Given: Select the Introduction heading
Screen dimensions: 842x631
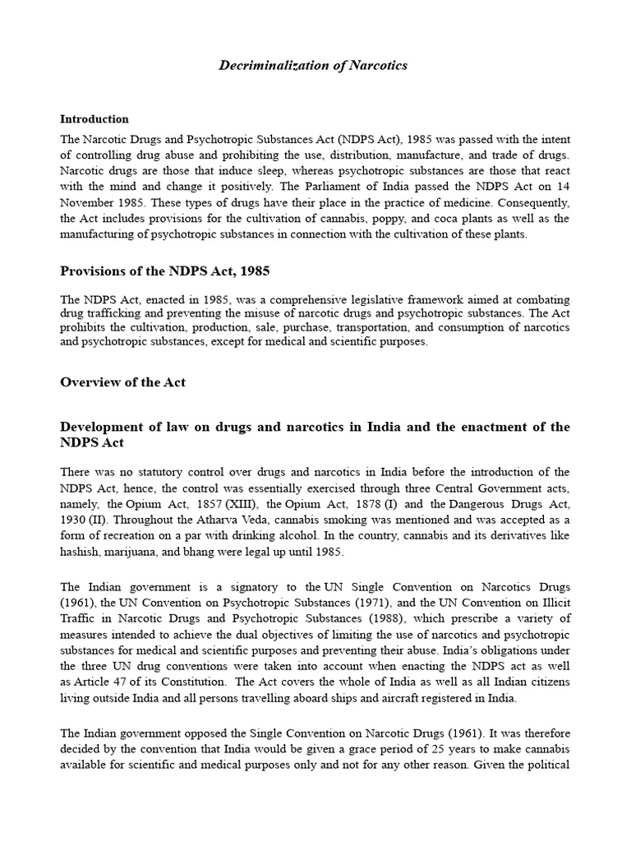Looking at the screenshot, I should tap(94, 119).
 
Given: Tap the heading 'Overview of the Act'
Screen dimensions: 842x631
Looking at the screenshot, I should tap(123, 382).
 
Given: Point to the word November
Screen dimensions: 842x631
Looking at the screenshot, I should tap(90, 202).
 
